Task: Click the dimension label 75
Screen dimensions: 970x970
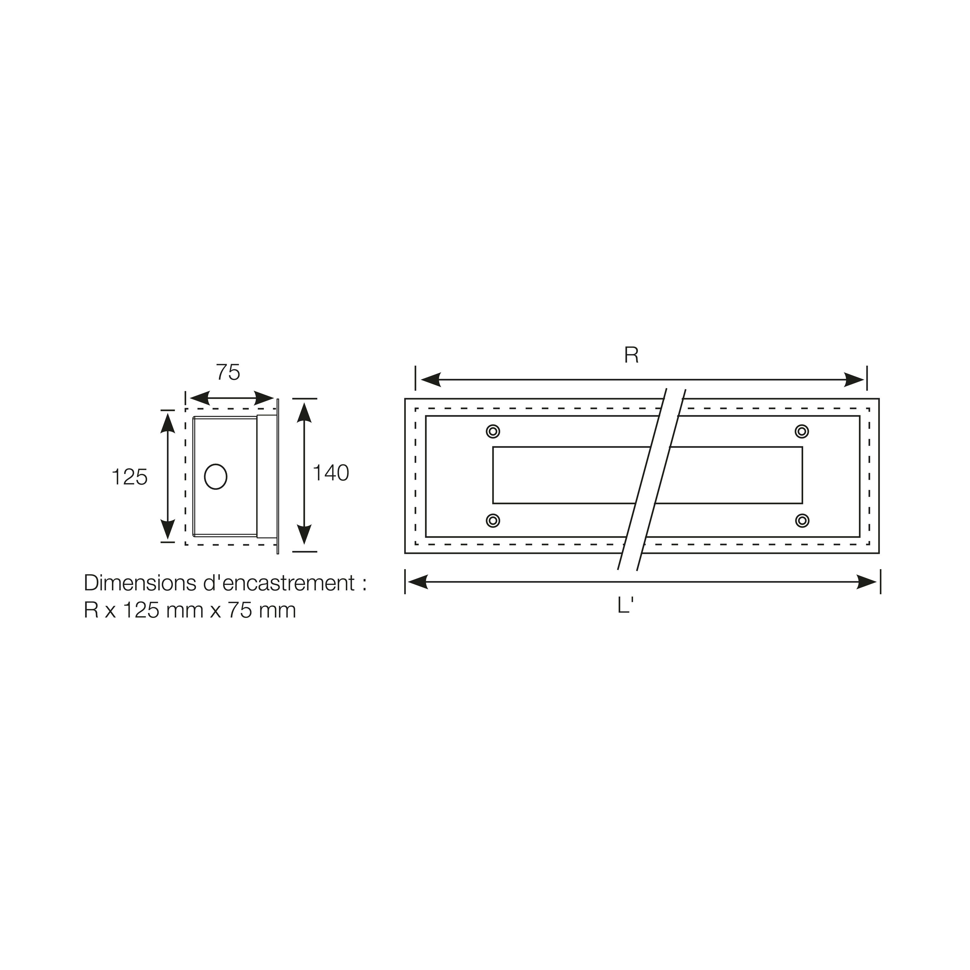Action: coord(228,372)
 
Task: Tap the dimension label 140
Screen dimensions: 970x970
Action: coord(331,473)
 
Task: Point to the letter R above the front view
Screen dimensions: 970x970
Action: coord(631,355)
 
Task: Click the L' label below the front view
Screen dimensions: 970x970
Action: coord(625,606)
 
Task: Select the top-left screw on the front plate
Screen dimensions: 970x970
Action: coord(493,431)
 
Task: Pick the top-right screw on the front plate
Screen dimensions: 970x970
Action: coord(802,431)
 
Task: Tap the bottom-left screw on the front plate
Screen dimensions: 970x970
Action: coord(493,521)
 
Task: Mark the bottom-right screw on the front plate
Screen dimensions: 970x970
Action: coord(802,521)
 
